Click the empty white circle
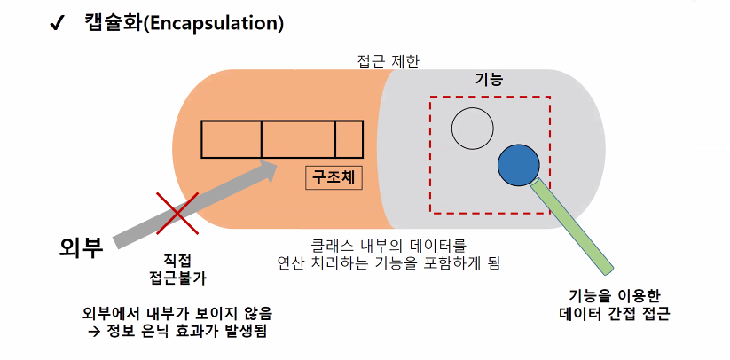pyautogui.click(x=472, y=128)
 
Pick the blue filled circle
pyautogui.click(x=518, y=165)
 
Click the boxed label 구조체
pyautogui.click(x=334, y=177)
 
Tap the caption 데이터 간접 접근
pyautogui.click(x=614, y=312)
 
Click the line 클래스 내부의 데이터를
pyautogui.click(x=388, y=244)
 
